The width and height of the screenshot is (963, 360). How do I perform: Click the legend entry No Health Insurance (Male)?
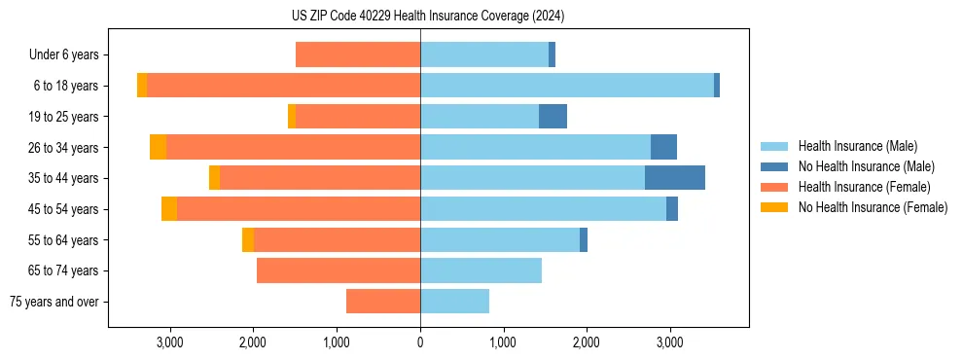click(x=866, y=166)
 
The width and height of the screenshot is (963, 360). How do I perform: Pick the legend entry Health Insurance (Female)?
click(x=864, y=187)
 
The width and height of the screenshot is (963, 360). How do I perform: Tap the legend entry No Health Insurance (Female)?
click(x=873, y=207)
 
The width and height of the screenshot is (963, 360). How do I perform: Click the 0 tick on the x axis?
click(x=420, y=342)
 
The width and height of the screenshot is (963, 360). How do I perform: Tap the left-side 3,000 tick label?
click(x=170, y=342)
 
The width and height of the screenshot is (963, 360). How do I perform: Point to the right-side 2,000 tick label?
click(x=586, y=342)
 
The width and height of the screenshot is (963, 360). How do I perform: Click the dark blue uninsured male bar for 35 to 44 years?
click(x=674, y=178)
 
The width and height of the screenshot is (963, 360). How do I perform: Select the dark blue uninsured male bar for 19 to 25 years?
click(x=553, y=117)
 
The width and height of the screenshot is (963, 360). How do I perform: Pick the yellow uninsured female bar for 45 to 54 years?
click(x=169, y=209)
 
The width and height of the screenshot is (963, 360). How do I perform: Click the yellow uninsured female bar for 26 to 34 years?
click(x=158, y=147)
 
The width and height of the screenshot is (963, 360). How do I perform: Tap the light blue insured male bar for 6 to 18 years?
click(x=567, y=86)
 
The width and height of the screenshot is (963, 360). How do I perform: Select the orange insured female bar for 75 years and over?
click(x=383, y=302)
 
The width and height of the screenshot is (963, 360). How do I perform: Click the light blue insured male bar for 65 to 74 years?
click(x=481, y=270)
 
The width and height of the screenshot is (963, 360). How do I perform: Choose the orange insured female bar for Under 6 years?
click(x=358, y=55)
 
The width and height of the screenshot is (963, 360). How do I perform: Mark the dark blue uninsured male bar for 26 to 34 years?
click(x=663, y=147)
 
